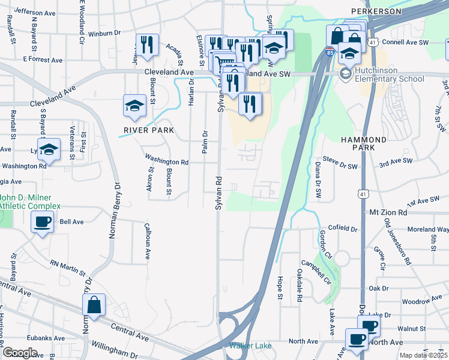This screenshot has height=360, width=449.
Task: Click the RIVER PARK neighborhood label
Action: point(149,130)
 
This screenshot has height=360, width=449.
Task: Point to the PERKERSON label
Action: point(376,11)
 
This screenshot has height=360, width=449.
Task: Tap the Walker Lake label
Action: point(250,346)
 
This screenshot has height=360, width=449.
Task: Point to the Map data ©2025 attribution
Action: point(423,355)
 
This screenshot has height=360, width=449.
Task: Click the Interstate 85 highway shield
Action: point(330,53)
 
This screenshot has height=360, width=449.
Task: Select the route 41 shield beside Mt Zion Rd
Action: point(362,194)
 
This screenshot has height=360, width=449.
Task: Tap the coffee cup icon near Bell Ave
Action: point(42,222)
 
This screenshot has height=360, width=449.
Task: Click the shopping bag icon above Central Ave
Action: point(94,305)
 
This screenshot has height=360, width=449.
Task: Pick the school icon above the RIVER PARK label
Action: point(135,106)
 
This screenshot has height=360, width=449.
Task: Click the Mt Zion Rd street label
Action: point(388,212)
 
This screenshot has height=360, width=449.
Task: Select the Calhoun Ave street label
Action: point(147,241)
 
